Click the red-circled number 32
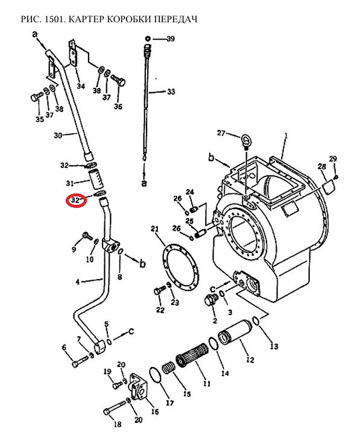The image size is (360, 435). coord(75,200)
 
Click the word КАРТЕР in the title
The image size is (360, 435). coord(85,19)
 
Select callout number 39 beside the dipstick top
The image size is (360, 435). coord(170,39)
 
